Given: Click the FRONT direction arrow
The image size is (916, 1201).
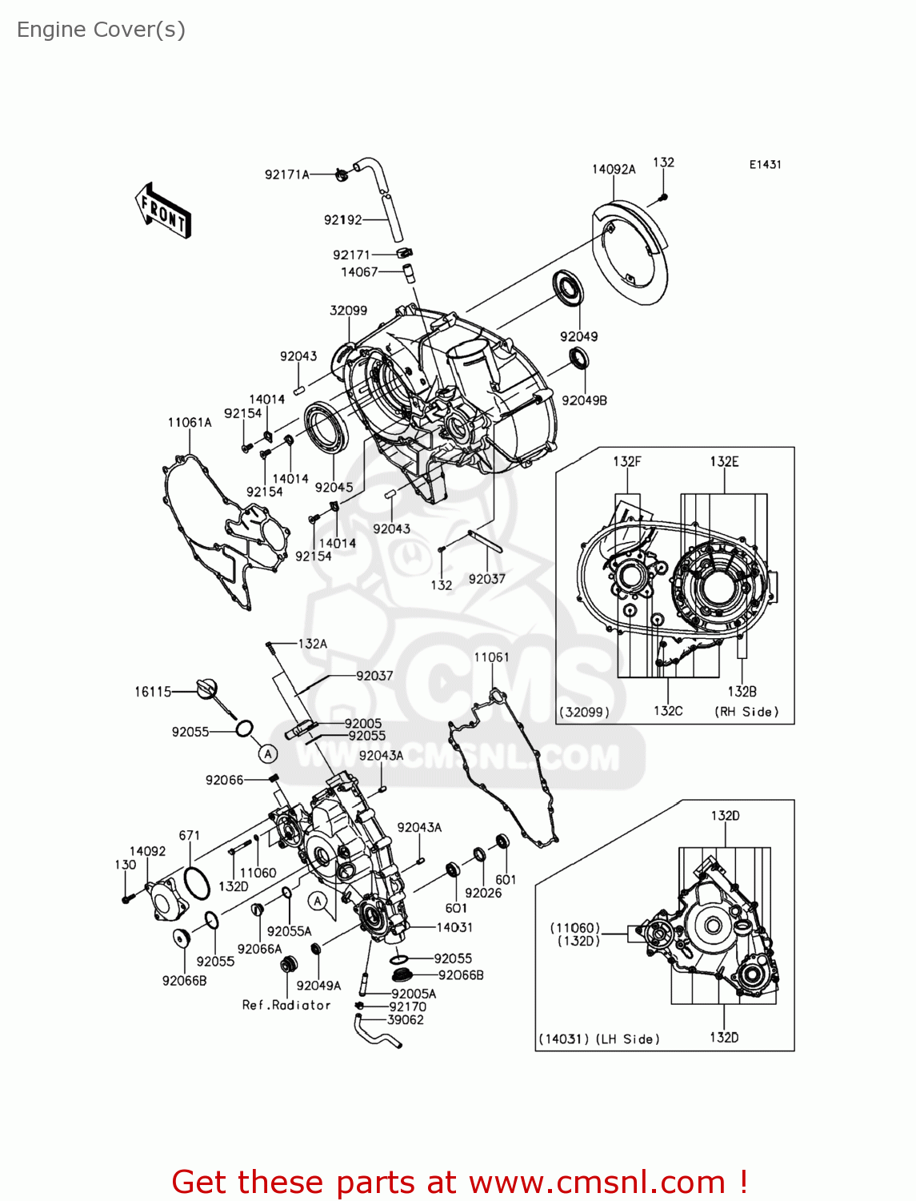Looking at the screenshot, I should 163,211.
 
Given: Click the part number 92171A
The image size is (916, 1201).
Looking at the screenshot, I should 286,175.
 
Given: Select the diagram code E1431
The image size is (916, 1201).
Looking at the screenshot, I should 765,164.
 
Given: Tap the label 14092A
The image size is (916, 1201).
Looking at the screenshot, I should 614,169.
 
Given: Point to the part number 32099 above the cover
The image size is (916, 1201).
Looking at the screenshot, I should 348,311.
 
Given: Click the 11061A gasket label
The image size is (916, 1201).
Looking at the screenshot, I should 190,423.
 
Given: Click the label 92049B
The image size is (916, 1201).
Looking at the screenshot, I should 584,400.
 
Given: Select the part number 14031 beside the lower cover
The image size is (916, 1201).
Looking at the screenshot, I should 454,927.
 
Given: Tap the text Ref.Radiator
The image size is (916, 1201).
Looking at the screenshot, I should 286,1005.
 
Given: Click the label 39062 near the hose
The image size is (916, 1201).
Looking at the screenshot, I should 406,1019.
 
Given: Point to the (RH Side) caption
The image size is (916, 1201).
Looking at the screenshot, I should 746,712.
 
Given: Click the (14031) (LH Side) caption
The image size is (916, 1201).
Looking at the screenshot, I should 599,1038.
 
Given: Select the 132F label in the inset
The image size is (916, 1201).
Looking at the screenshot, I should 627,461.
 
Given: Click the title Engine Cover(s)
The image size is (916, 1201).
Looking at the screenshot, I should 101,30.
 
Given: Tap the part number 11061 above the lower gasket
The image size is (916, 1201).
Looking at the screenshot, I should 491,657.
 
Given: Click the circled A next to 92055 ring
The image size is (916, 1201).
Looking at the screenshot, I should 268,754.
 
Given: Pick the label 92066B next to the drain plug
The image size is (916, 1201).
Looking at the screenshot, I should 461,975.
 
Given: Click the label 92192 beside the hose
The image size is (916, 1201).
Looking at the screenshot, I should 342,219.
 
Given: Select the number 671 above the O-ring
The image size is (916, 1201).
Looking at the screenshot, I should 190,835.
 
